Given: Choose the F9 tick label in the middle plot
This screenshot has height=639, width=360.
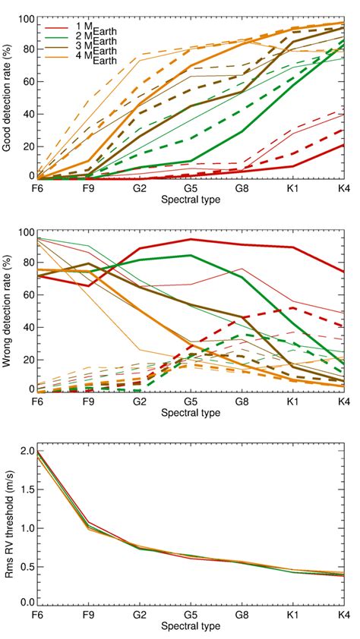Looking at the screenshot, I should [88, 401].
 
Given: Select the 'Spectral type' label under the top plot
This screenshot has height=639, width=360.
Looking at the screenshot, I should [190, 199].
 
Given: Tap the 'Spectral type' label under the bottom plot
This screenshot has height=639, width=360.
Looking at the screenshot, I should [190, 627].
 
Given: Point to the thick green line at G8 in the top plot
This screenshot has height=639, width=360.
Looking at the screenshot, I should [242, 131].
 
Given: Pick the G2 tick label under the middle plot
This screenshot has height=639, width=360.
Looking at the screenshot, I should [140, 401].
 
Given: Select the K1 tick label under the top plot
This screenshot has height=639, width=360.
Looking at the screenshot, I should [292, 187].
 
